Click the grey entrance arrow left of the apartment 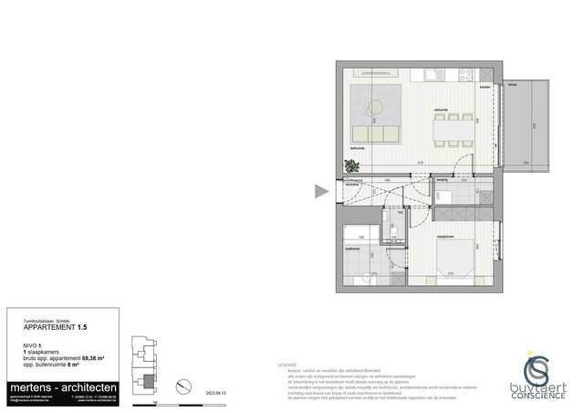[320, 191]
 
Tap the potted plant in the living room [351, 165]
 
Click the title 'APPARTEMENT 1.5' [56, 325]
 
